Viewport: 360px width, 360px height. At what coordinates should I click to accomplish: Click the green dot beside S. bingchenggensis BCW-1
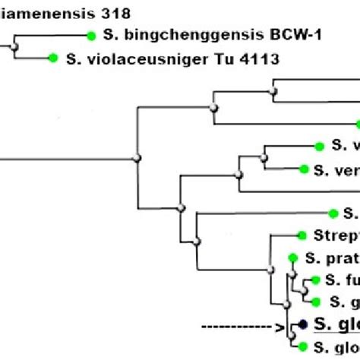tap(92, 35)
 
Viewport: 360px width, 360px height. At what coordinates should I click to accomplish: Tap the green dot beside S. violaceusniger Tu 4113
tap(53, 57)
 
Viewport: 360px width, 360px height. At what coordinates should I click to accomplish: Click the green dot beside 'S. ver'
tap(305, 169)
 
